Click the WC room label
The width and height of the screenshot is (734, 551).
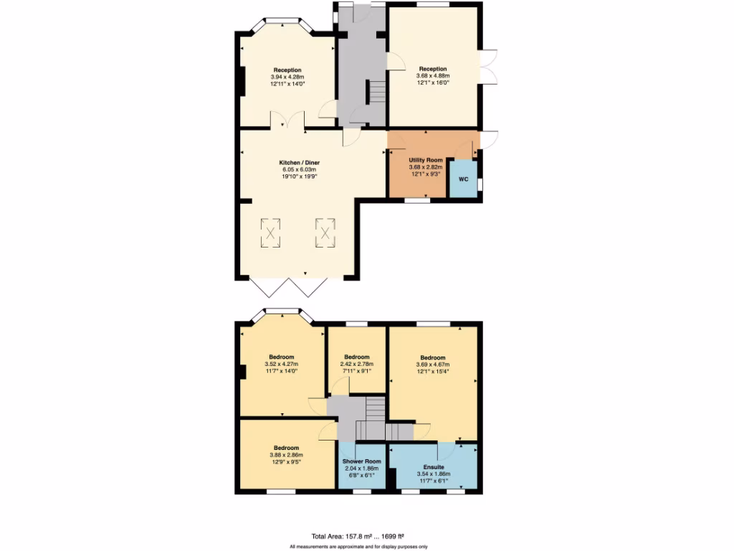[x=463, y=179]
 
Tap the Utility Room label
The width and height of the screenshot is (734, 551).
[x=426, y=160]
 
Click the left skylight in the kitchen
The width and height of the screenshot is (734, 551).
[x=270, y=232]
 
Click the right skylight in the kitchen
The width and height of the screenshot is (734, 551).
[x=325, y=232]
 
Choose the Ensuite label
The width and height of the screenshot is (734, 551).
[x=433, y=466]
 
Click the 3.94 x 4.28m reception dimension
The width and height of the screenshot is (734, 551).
[x=287, y=77]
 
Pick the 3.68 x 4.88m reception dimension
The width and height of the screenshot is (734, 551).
[x=433, y=76]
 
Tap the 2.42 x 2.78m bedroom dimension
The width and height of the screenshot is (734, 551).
[x=356, y=364]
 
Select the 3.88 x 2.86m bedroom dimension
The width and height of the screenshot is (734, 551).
[x=287, y=455]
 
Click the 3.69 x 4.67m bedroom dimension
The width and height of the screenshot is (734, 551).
[x=433, y=364]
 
